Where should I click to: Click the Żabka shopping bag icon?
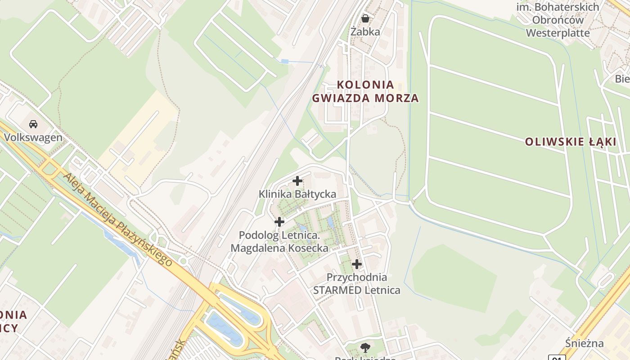365,18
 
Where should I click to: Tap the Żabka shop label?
365,32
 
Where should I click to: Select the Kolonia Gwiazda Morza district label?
365,91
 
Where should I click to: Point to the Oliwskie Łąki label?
571,142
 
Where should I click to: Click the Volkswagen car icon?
33,124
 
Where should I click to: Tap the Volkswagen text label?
33,138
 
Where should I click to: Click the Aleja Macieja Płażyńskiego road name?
118,219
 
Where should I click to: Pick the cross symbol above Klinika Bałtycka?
297,181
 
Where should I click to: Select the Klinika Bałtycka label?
297,194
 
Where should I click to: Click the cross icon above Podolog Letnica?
279,222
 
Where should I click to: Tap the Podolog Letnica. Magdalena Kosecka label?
279,242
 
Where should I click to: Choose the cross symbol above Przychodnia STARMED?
357,264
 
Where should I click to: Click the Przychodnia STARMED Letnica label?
357,283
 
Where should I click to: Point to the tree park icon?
365,347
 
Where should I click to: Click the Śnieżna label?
585,344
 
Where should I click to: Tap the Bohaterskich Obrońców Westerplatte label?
558,20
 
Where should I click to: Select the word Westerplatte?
558,33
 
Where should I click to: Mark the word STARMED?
336,290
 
